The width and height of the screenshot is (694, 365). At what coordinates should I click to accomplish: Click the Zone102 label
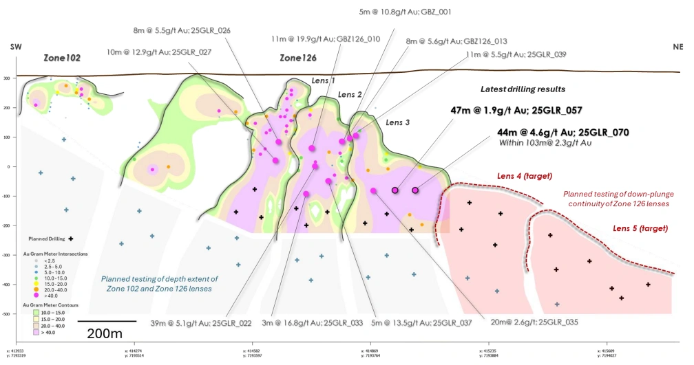63,58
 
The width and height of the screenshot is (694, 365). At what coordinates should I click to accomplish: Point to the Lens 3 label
397,122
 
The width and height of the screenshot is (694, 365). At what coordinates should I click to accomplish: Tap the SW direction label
14,47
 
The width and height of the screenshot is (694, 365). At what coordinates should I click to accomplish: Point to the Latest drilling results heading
524,89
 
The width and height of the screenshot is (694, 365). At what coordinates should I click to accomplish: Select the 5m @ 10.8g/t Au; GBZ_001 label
406,12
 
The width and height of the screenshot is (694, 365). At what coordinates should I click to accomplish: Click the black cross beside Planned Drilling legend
71,239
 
